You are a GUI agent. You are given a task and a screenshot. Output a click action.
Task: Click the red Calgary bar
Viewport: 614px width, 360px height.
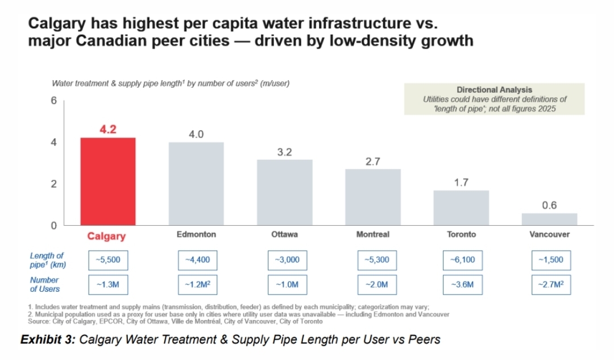point(107,181)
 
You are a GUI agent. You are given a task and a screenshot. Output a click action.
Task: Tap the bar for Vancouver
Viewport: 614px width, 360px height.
point(549,219)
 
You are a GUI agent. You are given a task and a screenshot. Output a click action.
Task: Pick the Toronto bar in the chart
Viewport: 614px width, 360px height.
point(461,208)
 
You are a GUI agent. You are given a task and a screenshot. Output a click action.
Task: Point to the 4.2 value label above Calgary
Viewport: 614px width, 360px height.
point(107,129)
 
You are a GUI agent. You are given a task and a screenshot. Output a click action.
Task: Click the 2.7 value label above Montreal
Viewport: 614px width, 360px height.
point(372,162)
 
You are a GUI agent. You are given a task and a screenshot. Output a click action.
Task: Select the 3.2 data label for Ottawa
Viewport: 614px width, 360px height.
point(284,152)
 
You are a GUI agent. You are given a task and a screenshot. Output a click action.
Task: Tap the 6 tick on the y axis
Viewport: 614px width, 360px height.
point(54,101)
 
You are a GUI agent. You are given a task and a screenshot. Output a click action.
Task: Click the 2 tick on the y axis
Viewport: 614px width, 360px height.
point(54,184)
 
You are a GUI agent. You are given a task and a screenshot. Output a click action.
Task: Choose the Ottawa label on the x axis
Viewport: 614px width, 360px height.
point(284,234)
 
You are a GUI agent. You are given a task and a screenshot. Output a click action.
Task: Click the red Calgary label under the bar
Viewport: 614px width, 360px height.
point(106,236)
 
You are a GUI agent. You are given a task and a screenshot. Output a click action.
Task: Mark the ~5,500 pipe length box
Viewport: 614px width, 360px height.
point(108,260)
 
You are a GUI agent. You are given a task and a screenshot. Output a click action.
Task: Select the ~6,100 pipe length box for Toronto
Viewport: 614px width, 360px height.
point(462,260)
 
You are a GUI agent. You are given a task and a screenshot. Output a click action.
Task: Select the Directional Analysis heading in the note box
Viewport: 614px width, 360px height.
point(494,90)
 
